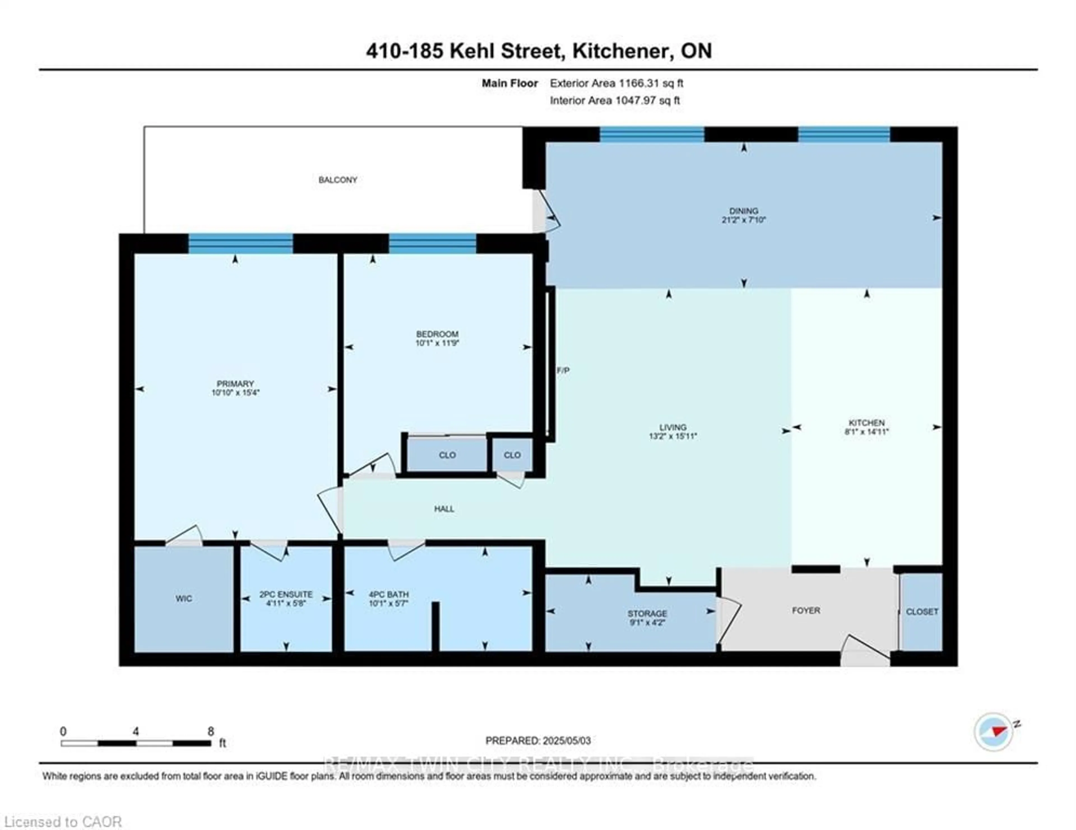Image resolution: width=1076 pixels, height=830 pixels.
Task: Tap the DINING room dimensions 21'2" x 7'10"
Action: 743,220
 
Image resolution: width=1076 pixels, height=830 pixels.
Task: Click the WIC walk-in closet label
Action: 184,599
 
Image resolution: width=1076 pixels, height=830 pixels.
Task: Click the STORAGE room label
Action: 647,613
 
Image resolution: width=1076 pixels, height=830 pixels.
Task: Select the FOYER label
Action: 806,610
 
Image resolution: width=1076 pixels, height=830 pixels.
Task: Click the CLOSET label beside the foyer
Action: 922,611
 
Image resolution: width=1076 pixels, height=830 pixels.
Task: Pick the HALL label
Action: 444,509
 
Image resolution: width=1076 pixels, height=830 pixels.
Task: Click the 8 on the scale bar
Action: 211,731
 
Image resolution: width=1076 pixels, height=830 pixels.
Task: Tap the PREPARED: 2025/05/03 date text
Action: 538,740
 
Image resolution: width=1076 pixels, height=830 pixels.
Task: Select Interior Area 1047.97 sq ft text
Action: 614,101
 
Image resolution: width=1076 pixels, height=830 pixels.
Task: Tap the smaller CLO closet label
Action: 512,455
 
